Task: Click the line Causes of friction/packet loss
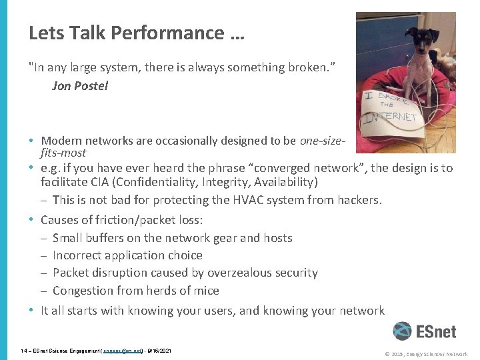point(122,220)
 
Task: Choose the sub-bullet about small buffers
point(172,238)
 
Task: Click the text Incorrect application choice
point(127,255)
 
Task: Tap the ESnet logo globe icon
point(402,331)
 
